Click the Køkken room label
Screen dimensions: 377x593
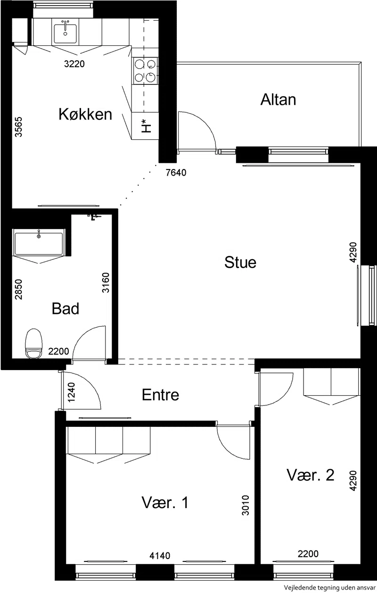pyautogui.click(x=85, y=114)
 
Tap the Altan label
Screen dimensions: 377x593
pyautogui.click(x=278, y=100)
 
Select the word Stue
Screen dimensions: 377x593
pyautogui.click(x=240, y=263)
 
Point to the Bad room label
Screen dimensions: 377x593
pyautogui.click(x=65, y=308)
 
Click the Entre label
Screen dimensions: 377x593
pyautogui.click(x=160, y=395)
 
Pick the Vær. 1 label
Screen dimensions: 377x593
pyautogui.click(x=165, y=502)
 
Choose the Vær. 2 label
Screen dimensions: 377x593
pyautogui.click(x=311, y=475)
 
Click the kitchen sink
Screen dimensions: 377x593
pyautogui.click(x=66, y=34)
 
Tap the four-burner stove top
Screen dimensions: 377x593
pyautogui.click(x=145, y=71)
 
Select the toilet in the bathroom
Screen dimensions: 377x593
pyautogui.click(x=33, y=344)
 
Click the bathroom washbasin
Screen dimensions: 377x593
pyautogui.click(x=39, y=243)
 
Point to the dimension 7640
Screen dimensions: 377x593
pyautogui.click(x=176, y=173)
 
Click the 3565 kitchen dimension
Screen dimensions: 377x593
pyautogui.click(x=18, y=127)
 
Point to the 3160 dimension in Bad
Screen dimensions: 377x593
pyautogui.click(x=106, y=282)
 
